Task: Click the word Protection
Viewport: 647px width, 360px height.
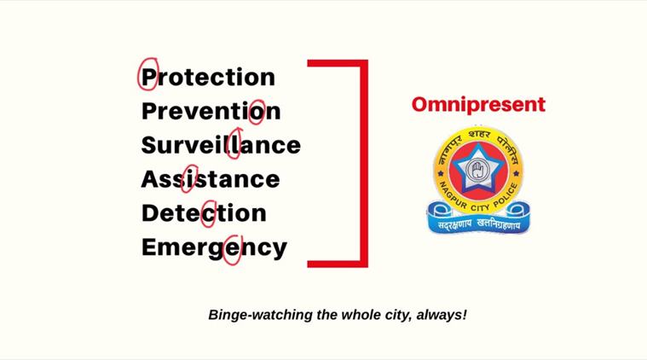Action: pos(208,77)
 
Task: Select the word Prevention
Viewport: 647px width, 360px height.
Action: pos(211,111)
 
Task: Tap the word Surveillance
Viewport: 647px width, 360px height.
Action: pos(221,145)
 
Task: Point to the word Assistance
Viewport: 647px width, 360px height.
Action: pos(211,179)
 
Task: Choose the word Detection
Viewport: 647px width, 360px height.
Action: pos(204,213)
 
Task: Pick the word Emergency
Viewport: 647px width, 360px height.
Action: pos(214,248)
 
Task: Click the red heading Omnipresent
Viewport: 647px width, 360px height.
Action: pos(479,105)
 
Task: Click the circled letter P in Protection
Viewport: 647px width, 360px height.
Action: pos(149,77)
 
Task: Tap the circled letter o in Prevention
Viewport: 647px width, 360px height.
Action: pos(257,113)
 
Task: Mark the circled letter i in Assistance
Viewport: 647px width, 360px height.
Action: pos(188,179)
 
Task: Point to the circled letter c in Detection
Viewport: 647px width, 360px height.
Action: pos(209,215)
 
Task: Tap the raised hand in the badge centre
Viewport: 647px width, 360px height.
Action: pos(478,169)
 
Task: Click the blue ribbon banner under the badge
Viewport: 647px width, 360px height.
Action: pos(478,219)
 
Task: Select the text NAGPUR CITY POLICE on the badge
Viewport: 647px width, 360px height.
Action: pos(478,198)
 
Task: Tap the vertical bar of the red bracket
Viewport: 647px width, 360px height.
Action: pos(364,164)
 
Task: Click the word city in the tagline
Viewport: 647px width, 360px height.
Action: pos(399,315)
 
